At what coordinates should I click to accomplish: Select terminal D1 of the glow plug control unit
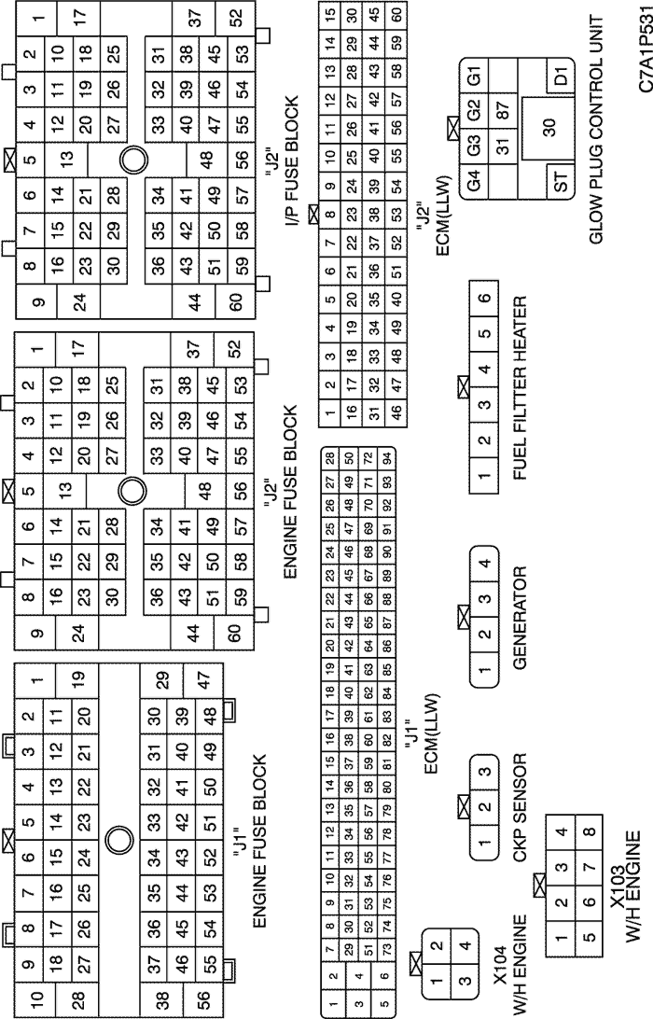[562, 76]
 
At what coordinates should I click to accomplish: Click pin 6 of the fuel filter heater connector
[484, 299]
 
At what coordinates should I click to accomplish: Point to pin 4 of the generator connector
[484, 564]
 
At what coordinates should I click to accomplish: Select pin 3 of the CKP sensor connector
[484, 772]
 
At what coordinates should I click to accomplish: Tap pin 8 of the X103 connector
[590, 831]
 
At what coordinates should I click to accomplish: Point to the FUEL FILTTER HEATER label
[521, 388]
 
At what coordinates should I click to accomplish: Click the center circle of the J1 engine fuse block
[118, 840]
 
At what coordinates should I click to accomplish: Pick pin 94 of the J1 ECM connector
[387, 457]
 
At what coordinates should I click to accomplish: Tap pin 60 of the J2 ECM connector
[396, 14]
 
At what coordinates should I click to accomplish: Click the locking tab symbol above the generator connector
[464, 616]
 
